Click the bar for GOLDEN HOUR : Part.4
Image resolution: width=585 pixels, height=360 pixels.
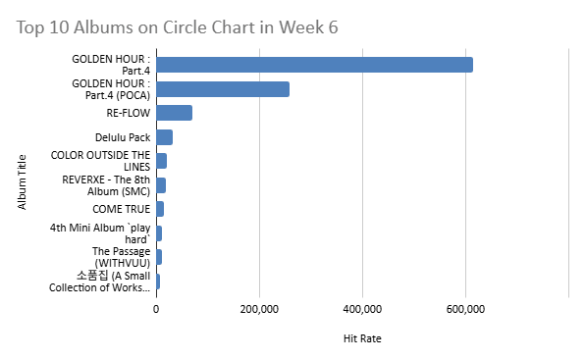tap(314, 65)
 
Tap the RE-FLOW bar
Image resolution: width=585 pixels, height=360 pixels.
tap(174, 113)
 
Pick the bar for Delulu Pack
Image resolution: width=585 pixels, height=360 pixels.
tap(164, 137)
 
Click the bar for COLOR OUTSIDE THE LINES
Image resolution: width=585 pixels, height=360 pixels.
tap(161, 161)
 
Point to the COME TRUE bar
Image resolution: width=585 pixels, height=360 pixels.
tap(160, 209)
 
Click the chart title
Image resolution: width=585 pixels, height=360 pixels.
tap(178, 27)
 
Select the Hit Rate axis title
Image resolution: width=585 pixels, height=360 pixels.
tap(362, 338)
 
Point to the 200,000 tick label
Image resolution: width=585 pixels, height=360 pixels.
tap(259, 311)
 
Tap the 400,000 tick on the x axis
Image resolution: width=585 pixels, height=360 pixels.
tap(362, 311)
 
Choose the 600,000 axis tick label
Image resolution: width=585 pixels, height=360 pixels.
tap(465, 311)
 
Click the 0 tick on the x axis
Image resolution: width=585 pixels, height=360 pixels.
tap(156, 311)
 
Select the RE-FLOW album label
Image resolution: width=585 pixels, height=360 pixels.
tap(129, 113)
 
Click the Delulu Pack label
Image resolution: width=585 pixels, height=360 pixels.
tap(123, 137)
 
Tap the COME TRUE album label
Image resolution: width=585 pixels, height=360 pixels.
tap(122, 209)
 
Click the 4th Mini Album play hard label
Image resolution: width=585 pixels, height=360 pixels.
tap(101, 233)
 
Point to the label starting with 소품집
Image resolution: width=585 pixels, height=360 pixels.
tap(101, 282)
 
